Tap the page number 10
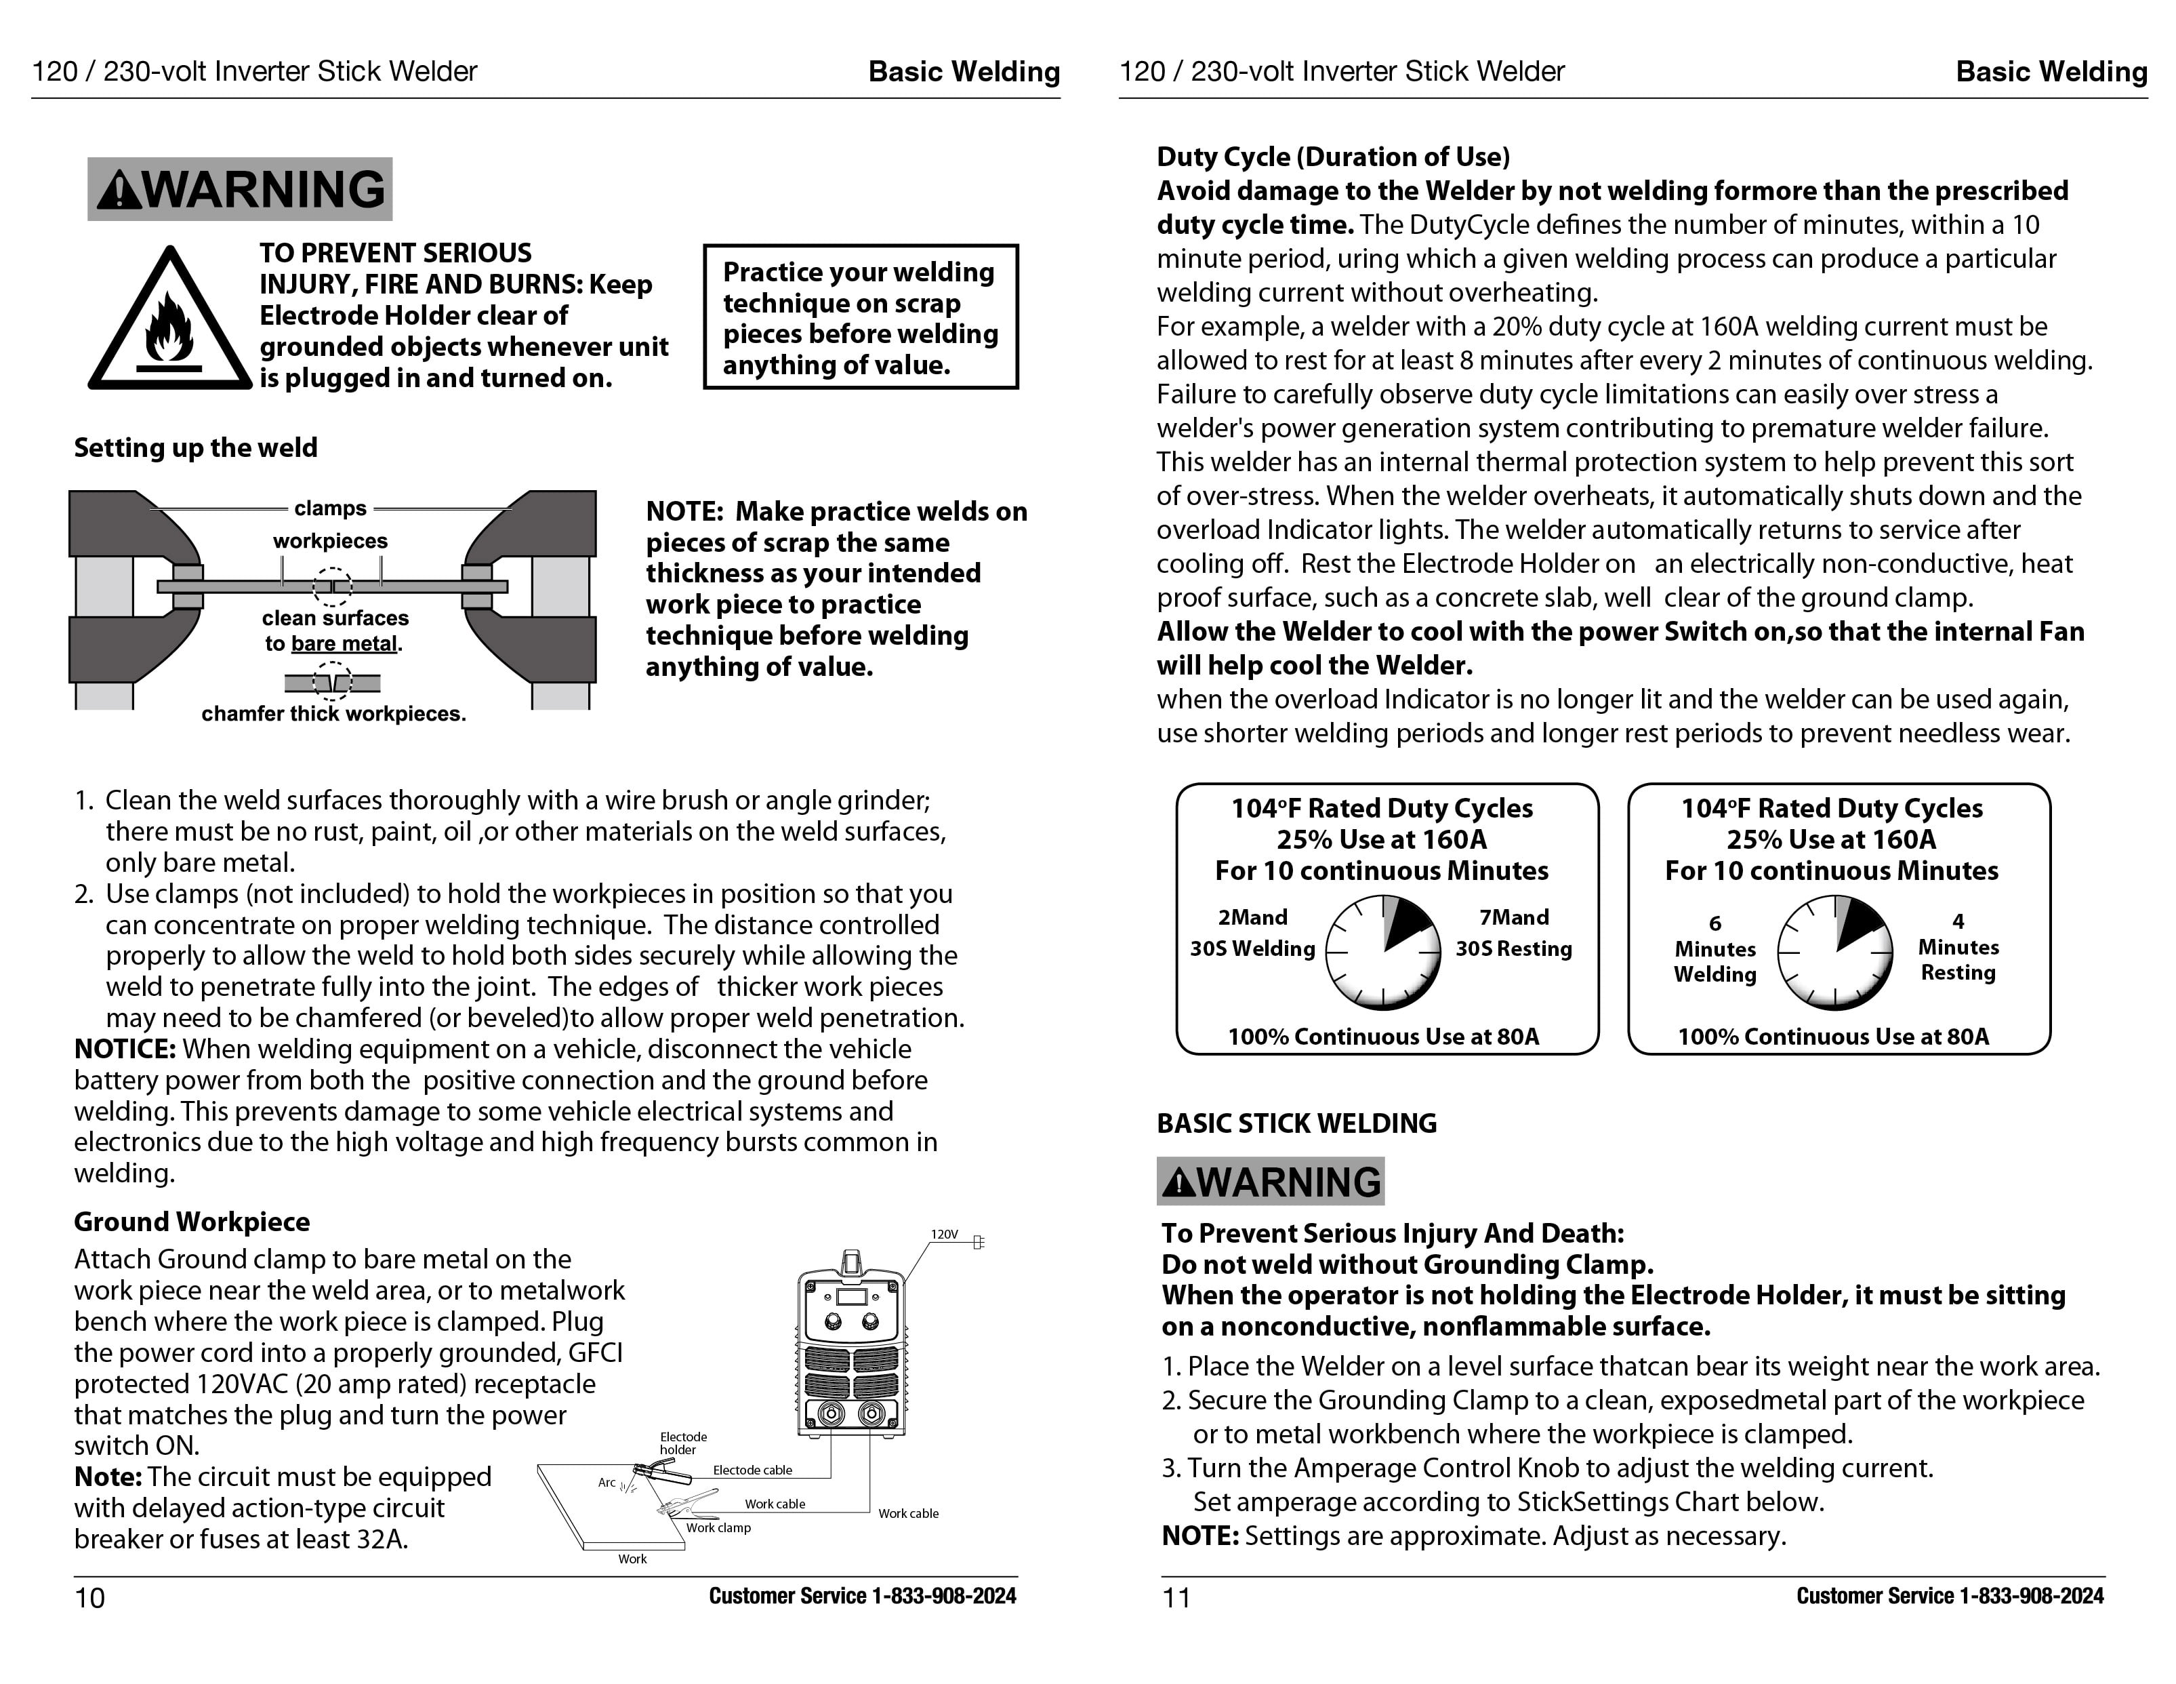coord(89,1597)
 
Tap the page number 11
coord(1176,1597)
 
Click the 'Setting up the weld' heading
coord(195,447)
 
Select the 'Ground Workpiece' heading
coord(191,1222)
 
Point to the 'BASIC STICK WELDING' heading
coord(1296,1123)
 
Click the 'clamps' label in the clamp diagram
coord(330,508)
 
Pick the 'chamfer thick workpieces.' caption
coord(334,713)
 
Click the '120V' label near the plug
coord(943,1234)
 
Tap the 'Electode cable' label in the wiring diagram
coord(752,1470)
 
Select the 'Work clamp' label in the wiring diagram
coord(718,1527)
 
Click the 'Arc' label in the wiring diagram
coord(607,1482)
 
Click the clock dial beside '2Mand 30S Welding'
coord(1383,953)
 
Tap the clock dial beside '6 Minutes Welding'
coord(1834,953)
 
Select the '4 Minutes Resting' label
coord(1958,946)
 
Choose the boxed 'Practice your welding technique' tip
coord(861,317)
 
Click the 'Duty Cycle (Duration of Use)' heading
coord(1333,157)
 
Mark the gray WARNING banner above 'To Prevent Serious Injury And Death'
coord(1271,1181)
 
